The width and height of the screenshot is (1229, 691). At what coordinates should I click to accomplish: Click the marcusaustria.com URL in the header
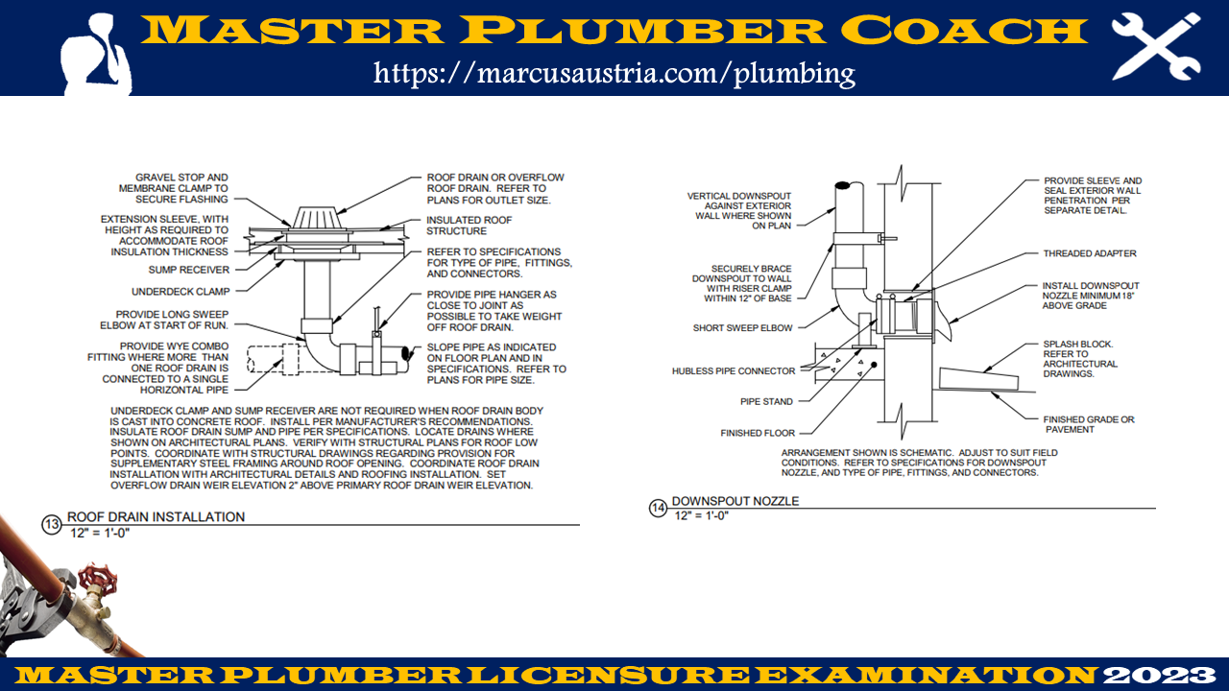[x=614, y=73]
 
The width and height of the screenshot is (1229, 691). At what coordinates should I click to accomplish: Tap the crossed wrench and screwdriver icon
[x=1155, y=45]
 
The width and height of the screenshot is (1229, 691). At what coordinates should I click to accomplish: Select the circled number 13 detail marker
[x=51, y=524]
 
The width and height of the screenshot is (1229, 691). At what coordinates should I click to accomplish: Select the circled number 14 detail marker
[x=658, y=508]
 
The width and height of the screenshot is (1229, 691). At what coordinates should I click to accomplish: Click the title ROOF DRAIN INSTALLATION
[x=156, y=516]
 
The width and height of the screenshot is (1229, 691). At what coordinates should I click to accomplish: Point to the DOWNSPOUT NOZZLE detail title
[x=735, y=501]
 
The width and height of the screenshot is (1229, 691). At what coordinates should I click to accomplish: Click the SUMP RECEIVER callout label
[x=188, y=270]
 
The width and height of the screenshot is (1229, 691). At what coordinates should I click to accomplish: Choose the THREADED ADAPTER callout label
[x=1090, y=253]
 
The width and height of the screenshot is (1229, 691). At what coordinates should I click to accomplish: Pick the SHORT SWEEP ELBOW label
[x=742, y=328]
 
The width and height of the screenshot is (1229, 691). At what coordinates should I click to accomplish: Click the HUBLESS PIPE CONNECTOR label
[x=734, y=370]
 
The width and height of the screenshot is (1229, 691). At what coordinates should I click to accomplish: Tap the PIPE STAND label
[x=766, y=401]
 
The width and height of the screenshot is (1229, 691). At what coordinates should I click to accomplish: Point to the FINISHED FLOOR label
[x=758, y=433]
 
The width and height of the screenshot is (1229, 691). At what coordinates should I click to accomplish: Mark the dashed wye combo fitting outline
[x=273, y=359]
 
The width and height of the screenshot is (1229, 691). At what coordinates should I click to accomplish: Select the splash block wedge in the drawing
[x=979, y=376]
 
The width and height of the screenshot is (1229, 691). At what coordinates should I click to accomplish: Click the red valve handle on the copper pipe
[x=93, y=580]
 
